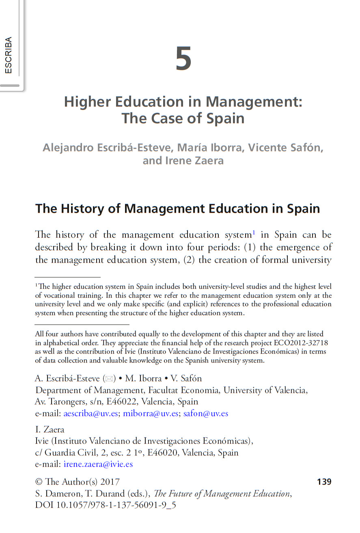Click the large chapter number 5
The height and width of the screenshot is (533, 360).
183,59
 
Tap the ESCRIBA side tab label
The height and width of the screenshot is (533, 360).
9,55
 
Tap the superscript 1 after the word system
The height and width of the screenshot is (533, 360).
254,232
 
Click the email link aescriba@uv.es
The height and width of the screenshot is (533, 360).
91,413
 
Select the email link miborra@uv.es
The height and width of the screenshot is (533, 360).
151,413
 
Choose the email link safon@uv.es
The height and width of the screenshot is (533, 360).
205,413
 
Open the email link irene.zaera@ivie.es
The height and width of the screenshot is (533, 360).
98,464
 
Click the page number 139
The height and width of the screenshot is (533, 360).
324,482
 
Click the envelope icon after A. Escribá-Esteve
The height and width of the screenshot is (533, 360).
109,379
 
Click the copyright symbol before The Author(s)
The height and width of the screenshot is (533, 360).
39,482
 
